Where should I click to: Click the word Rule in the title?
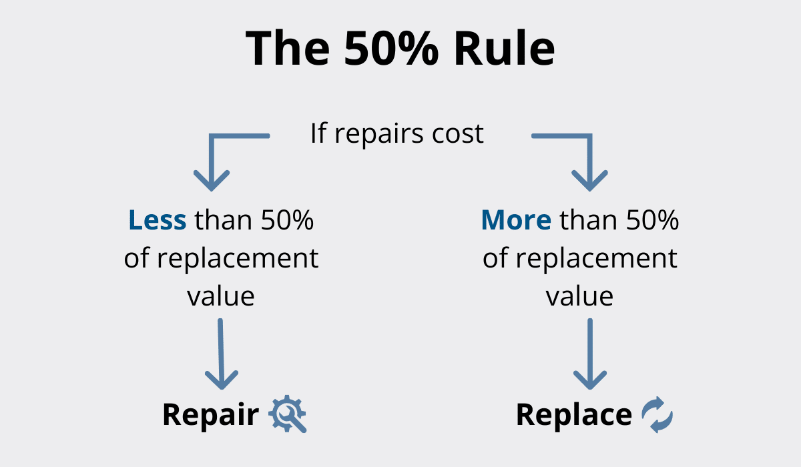pos(504,48)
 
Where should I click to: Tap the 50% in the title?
pos(391,48)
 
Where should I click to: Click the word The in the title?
pos(288,48)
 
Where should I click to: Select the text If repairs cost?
pos(397,134)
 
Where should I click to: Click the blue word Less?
pos(158,219)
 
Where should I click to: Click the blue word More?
pos(516,219)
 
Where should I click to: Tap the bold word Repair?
pos(211,415)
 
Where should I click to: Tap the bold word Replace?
pos(574,414)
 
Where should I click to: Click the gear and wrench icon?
pos(288,414)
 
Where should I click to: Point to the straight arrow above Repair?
pos(221,354)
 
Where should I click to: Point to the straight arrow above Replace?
pos(590,354)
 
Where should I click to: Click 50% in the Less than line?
pos(287,219)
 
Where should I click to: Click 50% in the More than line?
pos(652,219)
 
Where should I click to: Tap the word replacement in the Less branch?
pos(238,260)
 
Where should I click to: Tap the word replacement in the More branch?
pos(596,260)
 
